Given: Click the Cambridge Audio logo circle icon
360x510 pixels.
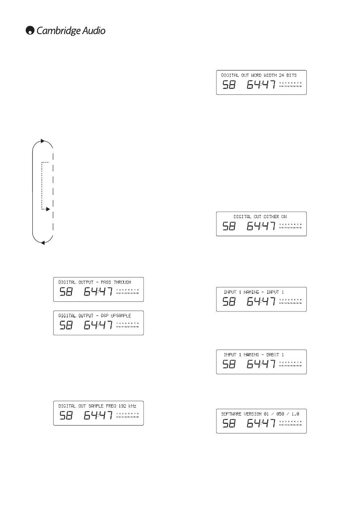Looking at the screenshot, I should point(30,31).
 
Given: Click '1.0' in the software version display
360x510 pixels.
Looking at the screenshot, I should point(295,414).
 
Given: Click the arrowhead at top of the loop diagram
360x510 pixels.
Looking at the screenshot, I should point(43,141).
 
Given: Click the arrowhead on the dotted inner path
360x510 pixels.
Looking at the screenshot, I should point(48,209).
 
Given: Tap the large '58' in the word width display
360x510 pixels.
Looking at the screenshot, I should point(229,85).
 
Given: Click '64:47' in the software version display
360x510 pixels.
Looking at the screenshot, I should point(261,424).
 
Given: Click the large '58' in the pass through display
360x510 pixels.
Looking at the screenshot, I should point(66,292).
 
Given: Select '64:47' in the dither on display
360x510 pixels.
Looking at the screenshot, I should point(261,227).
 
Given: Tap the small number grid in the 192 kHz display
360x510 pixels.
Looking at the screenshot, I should point(128,415).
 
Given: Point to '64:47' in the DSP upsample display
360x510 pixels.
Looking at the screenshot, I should point(98,325).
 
